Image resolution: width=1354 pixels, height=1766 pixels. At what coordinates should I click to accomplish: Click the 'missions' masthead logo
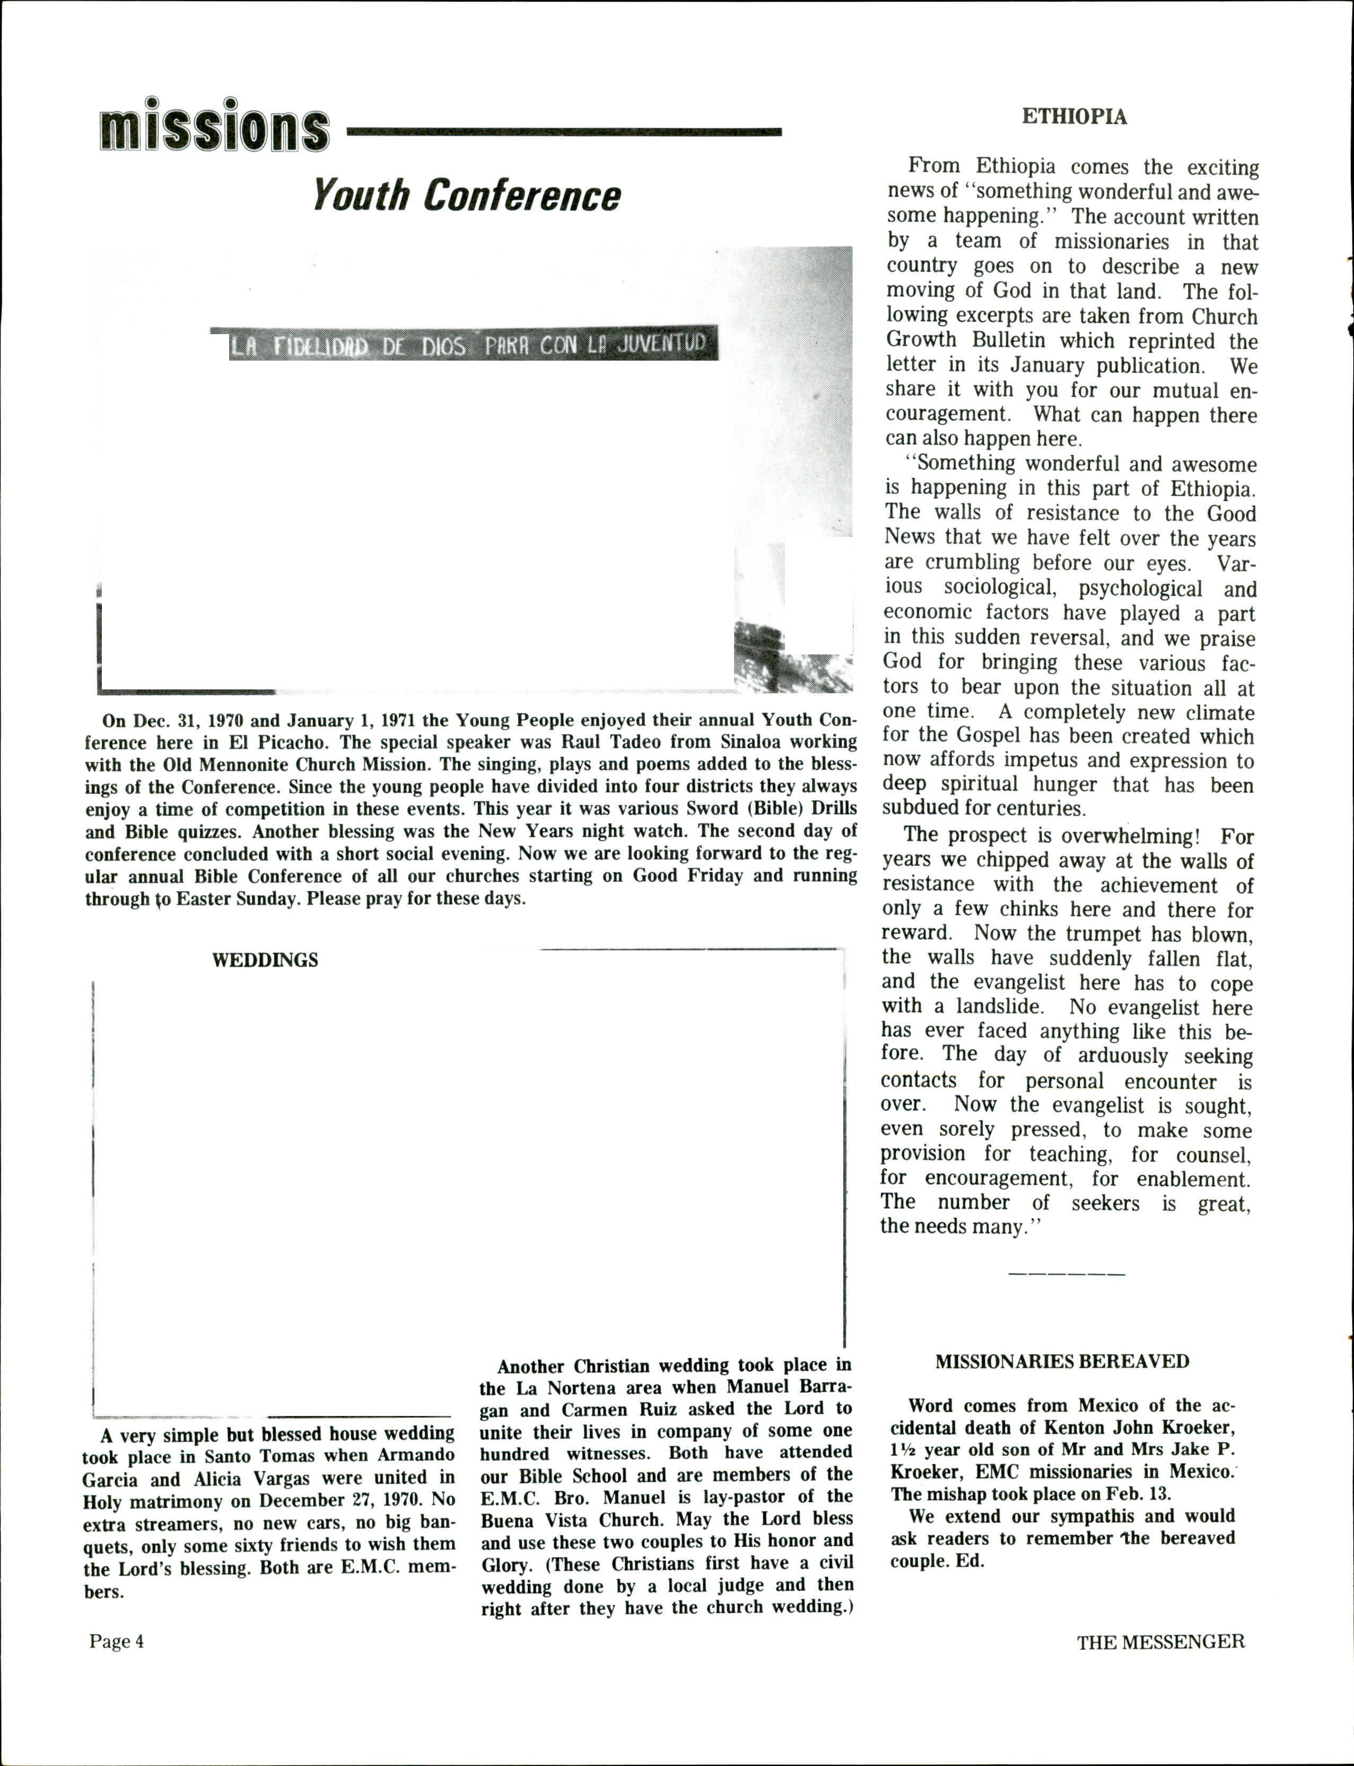point(214,127)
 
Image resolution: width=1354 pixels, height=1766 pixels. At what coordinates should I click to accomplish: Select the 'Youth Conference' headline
point(467,195)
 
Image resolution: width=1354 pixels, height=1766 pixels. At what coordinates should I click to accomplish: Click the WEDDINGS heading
point(265,960)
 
